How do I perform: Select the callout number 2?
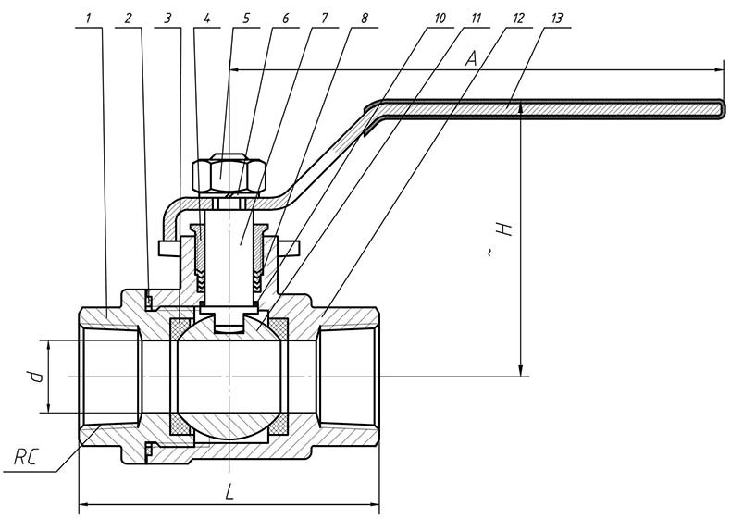(x=129, y=19)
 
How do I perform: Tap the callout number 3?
(x=167, y=19)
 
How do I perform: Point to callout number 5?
(x=247, y=19)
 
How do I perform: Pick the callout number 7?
(x=324, y=19)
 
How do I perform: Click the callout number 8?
(x=365, y=19)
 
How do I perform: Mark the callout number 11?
(x=477, y=19)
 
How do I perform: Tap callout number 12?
(x=517, y=19)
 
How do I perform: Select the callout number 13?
(x=555, y=19)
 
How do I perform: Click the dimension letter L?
(x=229, y=491)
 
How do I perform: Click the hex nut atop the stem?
(x=228, y=173)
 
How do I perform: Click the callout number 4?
(x=207, y=19)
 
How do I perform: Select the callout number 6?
(x=285, y=19)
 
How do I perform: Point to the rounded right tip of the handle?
(x=721, y=108)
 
